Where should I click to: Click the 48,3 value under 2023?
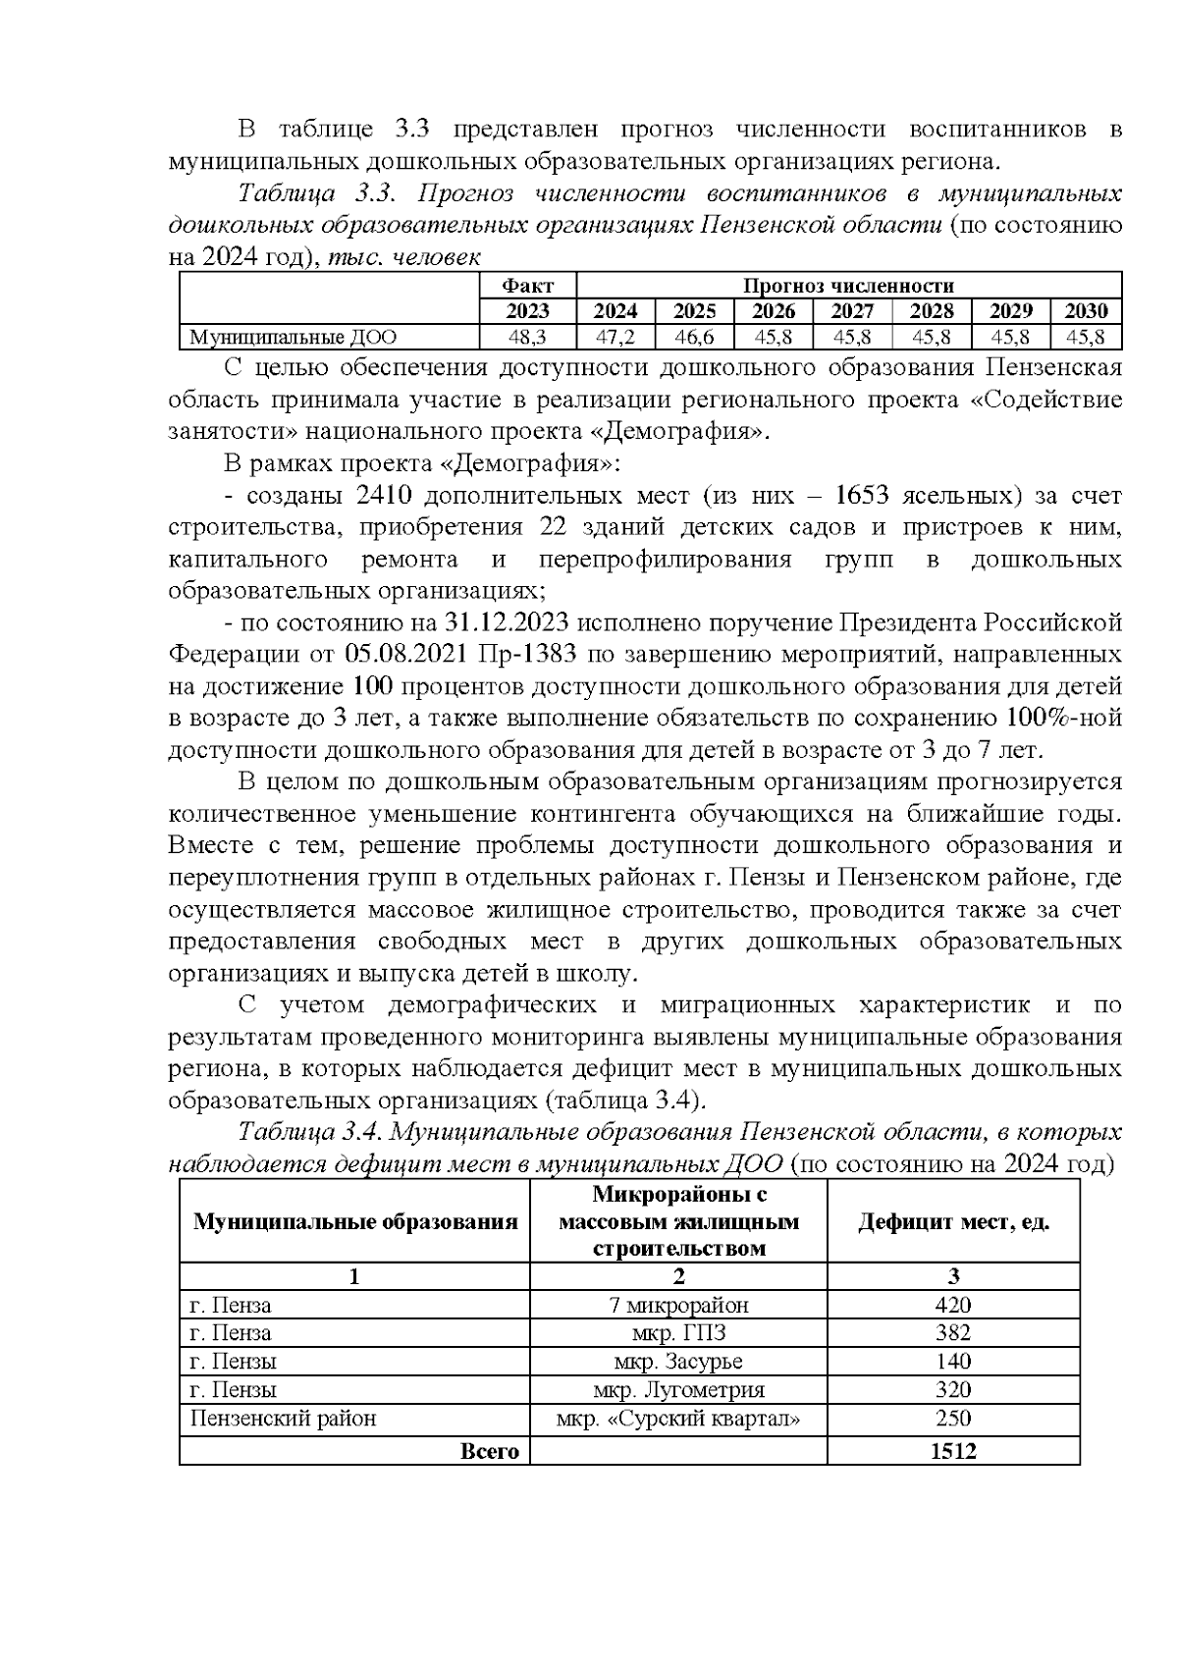(527, 338)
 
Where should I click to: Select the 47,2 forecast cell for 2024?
(616, 338)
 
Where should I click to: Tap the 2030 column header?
(1086, 311)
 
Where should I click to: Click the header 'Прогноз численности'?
(848, 286)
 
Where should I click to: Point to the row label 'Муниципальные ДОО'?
(293, 338)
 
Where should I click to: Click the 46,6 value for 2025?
(694, 338)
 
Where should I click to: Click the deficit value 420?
(953, 1305)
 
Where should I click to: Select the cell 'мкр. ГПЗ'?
(678, 1333)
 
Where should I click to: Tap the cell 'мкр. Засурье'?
(678, 1362)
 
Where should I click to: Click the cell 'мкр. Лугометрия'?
(678, 1390)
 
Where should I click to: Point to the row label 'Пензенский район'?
(283, 1419)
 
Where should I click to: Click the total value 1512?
(953, 1451)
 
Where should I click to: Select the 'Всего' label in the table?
(489, 1451)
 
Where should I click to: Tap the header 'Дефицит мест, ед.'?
(953, 1222)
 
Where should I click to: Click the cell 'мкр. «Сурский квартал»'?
(678, 1419)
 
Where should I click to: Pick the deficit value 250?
(953, 1419)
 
